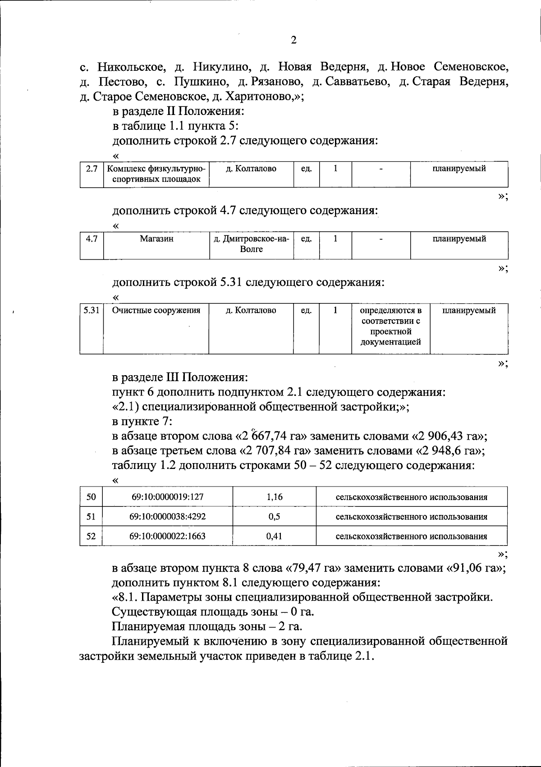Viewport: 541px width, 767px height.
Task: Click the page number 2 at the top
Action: pyautogui.click(x=293, y=41)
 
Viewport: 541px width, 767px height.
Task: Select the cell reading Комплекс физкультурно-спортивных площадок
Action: pyautogui.click(x=156, y=174)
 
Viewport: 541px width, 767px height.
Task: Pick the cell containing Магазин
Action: pyautogui.click(x=156, y=239)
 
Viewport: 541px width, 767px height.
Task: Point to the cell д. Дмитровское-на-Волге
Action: pyautogui.click(x=251, y=244)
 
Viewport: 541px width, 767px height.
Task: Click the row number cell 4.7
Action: pyautogui.click(x=92, y=239)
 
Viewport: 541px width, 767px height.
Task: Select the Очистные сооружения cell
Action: pyautogui.click(x=156, y=311)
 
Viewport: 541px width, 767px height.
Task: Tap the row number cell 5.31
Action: pyautogui.click(x=92, y=311)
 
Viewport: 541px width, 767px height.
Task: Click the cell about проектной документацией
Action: pyautogui.click(x=390, y=326)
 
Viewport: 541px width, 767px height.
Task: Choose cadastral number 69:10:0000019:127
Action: pyautogui.click(x=168, y=497)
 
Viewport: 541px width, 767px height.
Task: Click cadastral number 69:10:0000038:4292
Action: pyautogui.click(x=168, y=517)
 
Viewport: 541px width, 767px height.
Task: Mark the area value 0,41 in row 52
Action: pyautogui.click(x=274, y=537)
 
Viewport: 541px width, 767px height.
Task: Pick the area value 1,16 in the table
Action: pyautogui.click(x=274, y=497)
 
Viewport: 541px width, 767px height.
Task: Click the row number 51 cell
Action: pyautogui.click(x=91, y=517)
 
